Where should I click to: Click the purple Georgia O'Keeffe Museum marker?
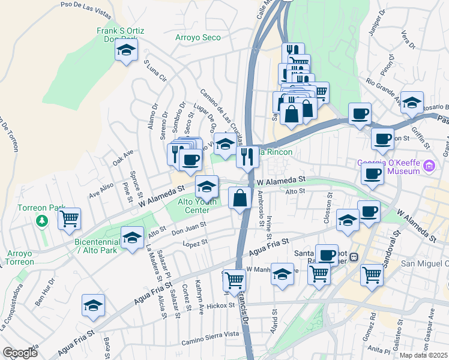(x=429, y=165)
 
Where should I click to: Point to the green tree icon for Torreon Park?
(x=41, y=221)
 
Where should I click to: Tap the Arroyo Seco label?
(x=197, y=37)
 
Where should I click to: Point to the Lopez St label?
(x=195, y=242)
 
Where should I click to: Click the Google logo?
(x=20, y=352)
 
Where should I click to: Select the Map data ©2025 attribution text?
(x=423, y=355)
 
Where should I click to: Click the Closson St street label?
(x=329, y=208)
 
